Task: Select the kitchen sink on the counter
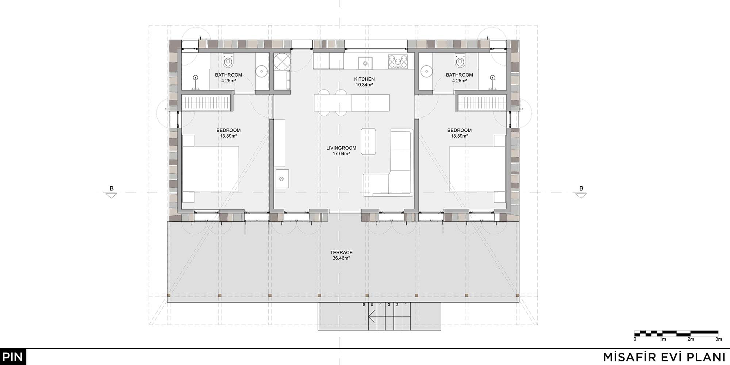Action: [x=365, y=63]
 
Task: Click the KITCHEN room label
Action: [x=364, y=79]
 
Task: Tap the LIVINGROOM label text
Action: [x=341, y=148]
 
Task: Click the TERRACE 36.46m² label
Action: [x=341, y=255]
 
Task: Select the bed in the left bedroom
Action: [x=211, y=169]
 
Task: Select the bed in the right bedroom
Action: [x=477, y=169]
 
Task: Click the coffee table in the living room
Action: [x=369, y=141]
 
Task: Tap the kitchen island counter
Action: [x=352, y=103]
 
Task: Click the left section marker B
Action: [x=112, y=192]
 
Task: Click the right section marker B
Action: [x=581, y=192]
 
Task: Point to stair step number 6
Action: [x=364, y=304]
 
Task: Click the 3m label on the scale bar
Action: [x=719, y=339]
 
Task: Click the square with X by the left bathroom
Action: [x=282, y=61]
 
